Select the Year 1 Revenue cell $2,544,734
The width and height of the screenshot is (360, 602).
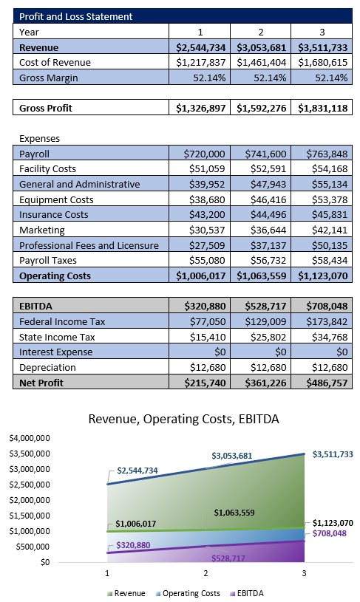coord(201,47)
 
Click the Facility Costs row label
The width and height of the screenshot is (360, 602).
coord(49,168)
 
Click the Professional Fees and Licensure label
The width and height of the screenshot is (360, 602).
coord(89,245)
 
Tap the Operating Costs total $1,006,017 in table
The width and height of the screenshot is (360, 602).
coord(201,276)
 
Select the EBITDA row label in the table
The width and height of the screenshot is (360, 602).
coord(36,306)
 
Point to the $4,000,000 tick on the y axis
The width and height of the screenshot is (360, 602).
coord(30,438)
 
